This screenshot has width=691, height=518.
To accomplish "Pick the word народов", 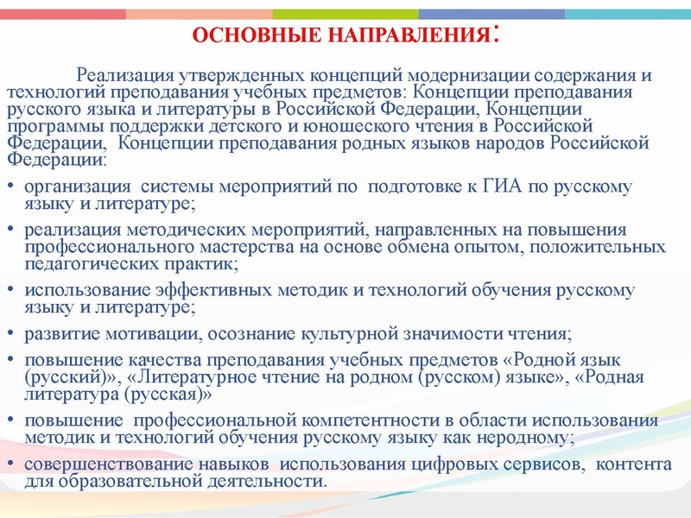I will click(508, 143).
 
